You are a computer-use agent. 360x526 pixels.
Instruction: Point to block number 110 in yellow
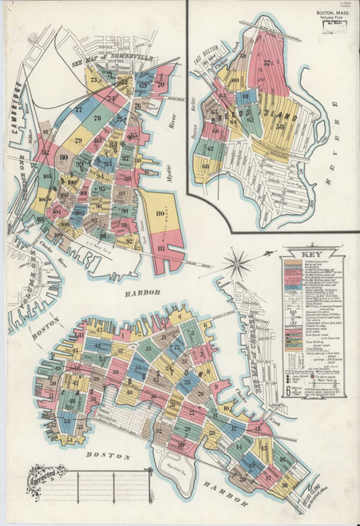click(x=160, y=214)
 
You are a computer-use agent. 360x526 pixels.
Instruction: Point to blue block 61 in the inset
click(x=247, y=97)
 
